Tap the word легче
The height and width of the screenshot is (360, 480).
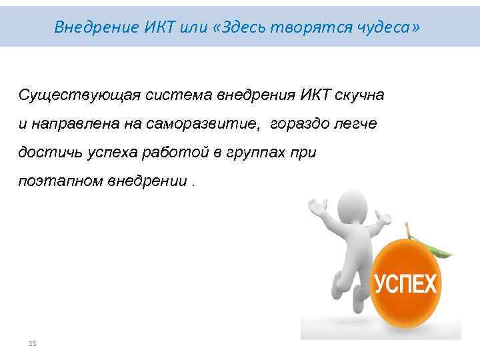pos(359,123)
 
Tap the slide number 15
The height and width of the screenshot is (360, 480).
pos(32,343)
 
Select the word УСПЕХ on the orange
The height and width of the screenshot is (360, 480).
pos(405,285)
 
